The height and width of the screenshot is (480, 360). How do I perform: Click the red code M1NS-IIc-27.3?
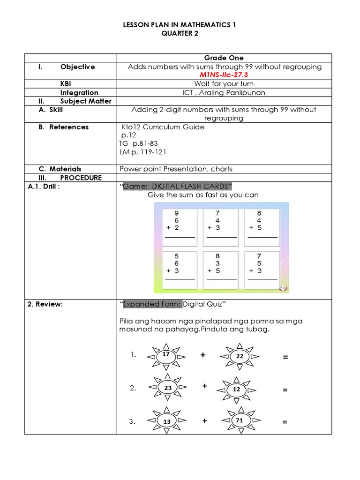click(x=225, y=75)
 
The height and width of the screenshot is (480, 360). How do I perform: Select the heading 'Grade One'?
click(x=225, y=58)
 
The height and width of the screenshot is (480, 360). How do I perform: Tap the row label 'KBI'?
click(x=66, y=84)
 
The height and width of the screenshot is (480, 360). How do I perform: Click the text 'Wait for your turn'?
click(x=225, y=84)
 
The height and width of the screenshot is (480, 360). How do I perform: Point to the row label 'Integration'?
click(x=79, y=92)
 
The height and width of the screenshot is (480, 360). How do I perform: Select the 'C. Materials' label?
click(x=60, y=169)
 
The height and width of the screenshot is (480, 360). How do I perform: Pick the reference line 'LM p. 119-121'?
click(x=142, y=152)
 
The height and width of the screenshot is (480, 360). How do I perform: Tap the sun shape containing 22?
click(x=240, y=357)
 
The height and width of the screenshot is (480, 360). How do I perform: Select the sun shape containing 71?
click(x=240, y=421)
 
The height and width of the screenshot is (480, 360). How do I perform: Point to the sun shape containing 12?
click(x=237, y=390)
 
